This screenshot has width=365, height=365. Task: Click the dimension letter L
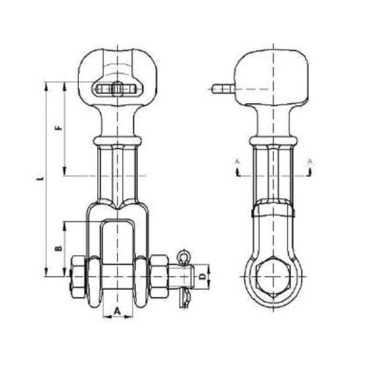coord(40,179)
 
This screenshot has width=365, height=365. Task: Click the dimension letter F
coord(58,128)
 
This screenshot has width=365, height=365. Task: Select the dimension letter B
coord(58,248)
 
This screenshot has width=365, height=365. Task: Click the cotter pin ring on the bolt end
coord(183,258)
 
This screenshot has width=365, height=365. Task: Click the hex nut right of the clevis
coord(159,276)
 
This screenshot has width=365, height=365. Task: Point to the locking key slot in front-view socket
coord(117,89)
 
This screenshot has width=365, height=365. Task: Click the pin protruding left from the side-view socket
coord(223,89)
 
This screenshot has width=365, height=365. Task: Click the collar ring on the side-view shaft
coord(273,141)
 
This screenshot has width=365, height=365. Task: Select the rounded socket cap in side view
coord(272,75)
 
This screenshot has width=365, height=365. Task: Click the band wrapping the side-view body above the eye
coord(273,210)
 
